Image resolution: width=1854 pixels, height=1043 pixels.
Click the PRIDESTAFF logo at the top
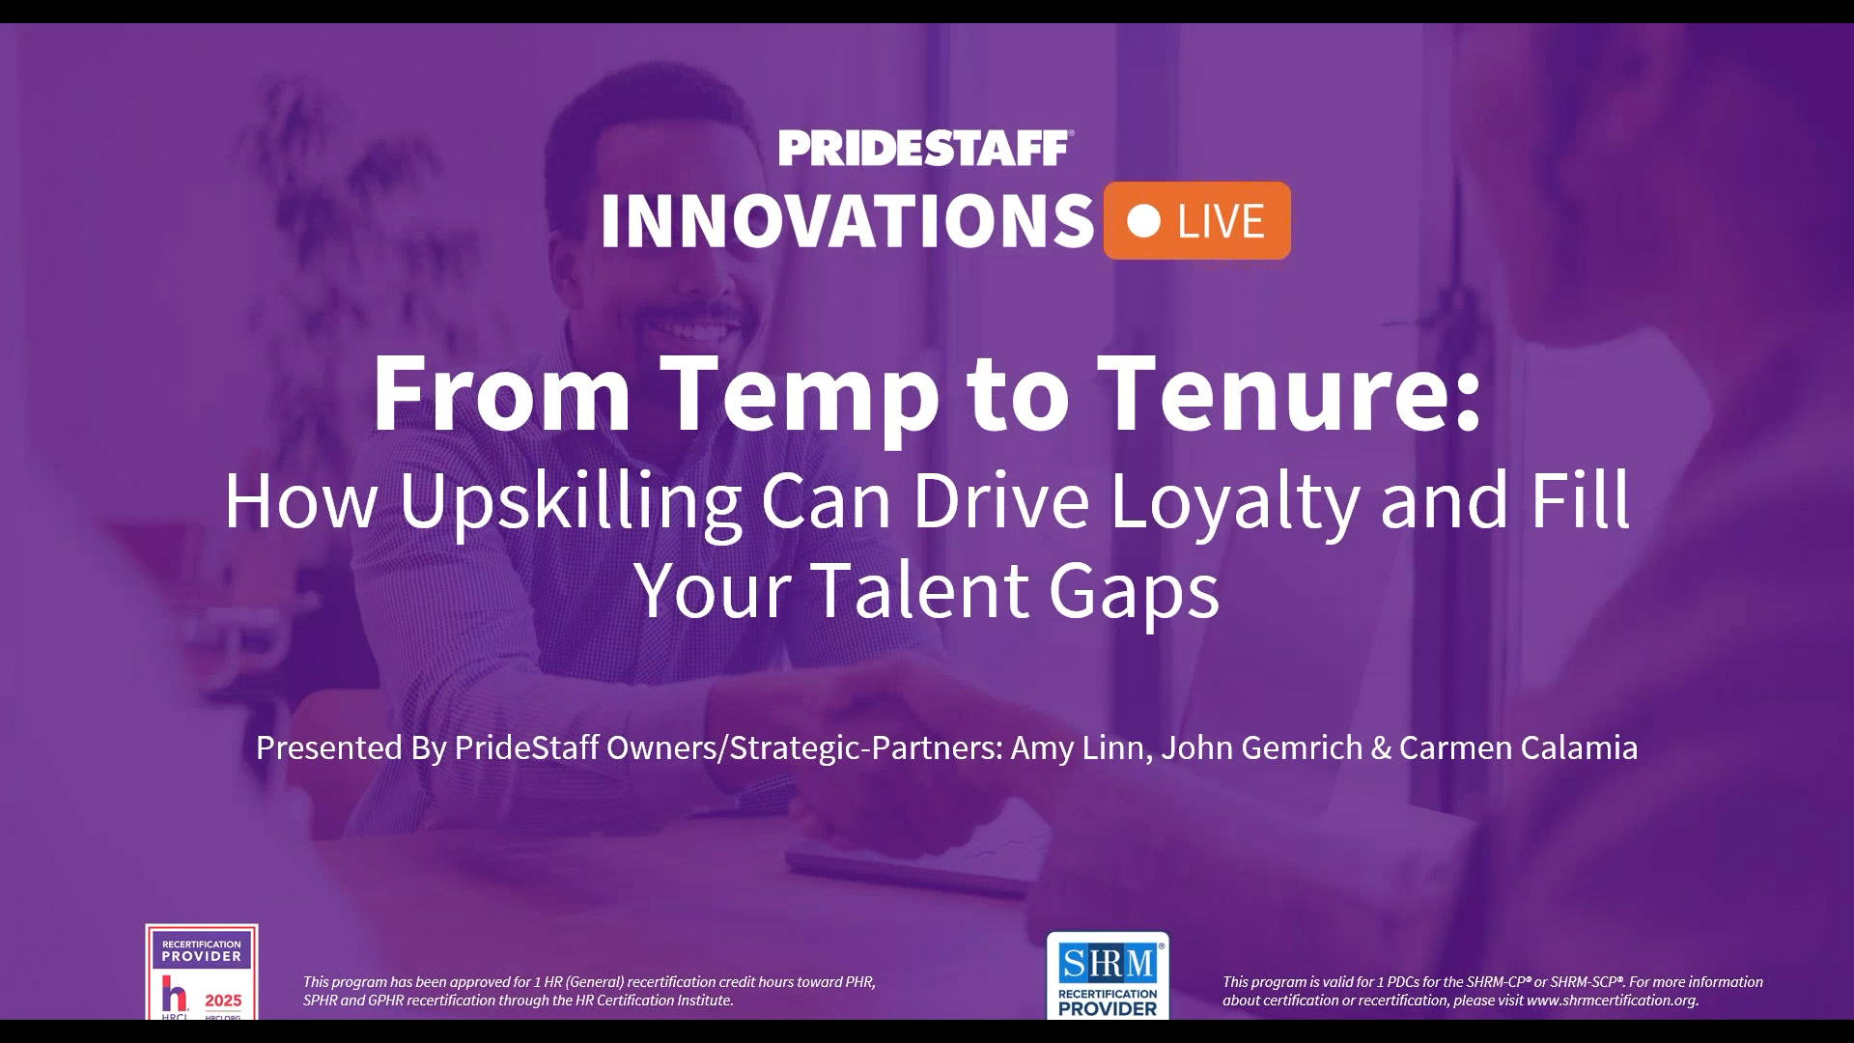click(926, 149)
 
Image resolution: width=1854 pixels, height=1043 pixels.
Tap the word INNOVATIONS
click(848, 221)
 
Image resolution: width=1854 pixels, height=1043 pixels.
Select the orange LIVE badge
click(1196, 220)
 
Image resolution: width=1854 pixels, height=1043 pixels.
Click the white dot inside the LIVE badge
click(1144, 221)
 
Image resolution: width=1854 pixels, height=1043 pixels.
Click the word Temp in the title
click(800, 396)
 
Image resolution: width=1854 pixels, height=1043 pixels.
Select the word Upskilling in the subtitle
click(571, 502)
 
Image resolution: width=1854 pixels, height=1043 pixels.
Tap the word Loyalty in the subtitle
click(1233, 502)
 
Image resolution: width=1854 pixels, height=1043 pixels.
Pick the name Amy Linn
click(1076, 747)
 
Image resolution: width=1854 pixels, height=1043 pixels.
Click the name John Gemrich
click(1261, 747)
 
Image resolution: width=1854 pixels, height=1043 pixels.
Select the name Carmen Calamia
click(1518, 747)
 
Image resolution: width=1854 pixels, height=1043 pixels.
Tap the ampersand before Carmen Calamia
click(1380, 748)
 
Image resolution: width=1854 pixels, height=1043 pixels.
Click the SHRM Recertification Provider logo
click(1108, 975)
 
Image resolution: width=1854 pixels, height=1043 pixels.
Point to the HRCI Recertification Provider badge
click(202, 972)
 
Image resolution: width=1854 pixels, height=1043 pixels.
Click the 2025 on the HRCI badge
click(223, 1001)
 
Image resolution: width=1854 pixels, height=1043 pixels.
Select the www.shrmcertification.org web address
click(1612, 1001)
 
